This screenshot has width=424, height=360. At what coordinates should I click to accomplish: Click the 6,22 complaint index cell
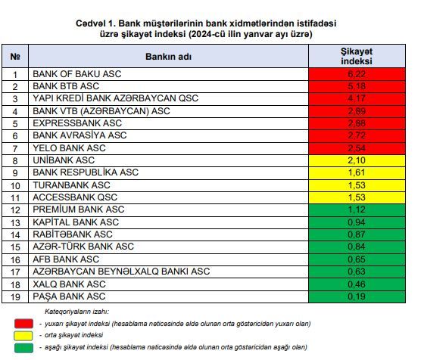coord(357,74)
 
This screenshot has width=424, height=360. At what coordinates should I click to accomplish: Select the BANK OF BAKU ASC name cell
coord(168,74)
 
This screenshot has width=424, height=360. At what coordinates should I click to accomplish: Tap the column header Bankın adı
coord(168,57)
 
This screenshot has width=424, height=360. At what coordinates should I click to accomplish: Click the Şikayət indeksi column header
coord(357,56)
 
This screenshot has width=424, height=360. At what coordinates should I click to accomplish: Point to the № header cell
coord(15,56)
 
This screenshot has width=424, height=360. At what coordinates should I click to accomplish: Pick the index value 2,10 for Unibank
coord(357,160)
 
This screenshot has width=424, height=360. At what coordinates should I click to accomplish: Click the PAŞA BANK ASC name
coord(69,296)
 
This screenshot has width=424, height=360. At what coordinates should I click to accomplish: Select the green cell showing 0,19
coord(357,296)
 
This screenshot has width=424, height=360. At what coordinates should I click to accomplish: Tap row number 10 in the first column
coord(15,186)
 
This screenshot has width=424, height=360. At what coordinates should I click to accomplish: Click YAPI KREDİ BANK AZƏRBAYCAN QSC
coord(115,98)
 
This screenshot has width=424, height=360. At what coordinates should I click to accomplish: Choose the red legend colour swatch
coord(23,323)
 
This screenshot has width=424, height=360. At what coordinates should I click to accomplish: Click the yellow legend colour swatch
coord(23,336)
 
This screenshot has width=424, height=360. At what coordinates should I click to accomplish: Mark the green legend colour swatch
coord(23,348)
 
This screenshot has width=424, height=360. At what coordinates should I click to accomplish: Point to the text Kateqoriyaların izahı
coord(76,312)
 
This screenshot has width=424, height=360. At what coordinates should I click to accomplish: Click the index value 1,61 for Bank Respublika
coord(357,172)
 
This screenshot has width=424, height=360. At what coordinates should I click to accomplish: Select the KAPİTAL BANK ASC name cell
coord(168,222)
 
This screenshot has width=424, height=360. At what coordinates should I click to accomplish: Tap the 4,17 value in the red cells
coord(357,98)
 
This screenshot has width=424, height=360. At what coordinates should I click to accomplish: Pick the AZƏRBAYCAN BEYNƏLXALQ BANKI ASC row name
coord(121,272)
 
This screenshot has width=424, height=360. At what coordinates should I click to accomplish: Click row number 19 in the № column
coord(15,297)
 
